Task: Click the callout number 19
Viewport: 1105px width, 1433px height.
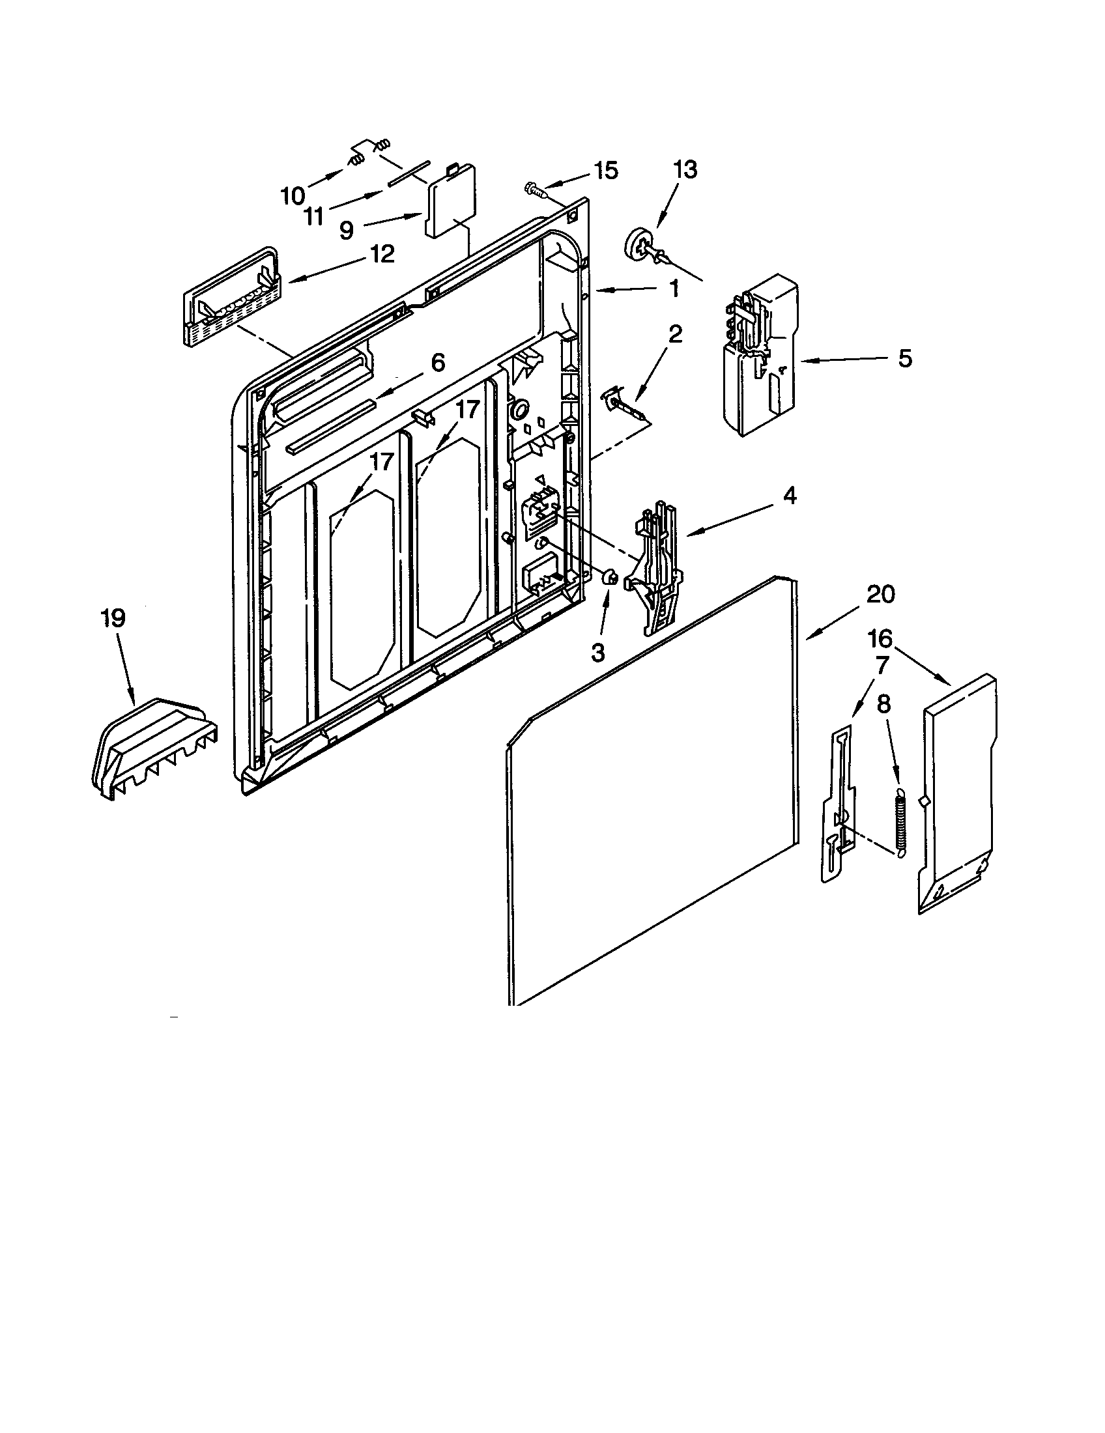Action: click(x=113, y=618)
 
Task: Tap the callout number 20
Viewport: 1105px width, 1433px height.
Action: click(x=880, y=595)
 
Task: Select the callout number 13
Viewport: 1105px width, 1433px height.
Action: click(x=685, y=169)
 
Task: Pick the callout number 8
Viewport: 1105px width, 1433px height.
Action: click(x=884, y=705)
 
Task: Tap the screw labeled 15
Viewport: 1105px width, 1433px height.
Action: click(x=536, y=190)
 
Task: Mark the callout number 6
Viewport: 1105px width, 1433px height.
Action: click(x=438, y=362)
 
